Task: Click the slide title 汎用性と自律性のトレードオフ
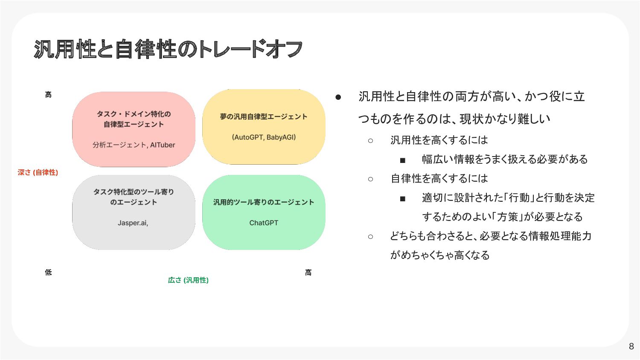[168, 49]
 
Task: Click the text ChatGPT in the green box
[264, 223]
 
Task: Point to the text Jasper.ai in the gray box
[133, 223]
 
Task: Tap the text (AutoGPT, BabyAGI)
[264, 137]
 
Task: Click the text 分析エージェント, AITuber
[134, 145]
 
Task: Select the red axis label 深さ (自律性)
[38, 172]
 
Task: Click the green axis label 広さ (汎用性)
[188, 280]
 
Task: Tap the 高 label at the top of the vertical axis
[48, 95]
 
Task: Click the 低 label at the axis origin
[48, 272]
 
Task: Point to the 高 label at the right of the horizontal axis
[308, 272]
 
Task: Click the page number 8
[631, 346]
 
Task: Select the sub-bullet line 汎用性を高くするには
[439, 140]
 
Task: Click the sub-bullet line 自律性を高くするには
[439, 178]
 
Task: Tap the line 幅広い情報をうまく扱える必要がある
[505, 159]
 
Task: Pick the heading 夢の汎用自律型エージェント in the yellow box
[264, 116]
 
